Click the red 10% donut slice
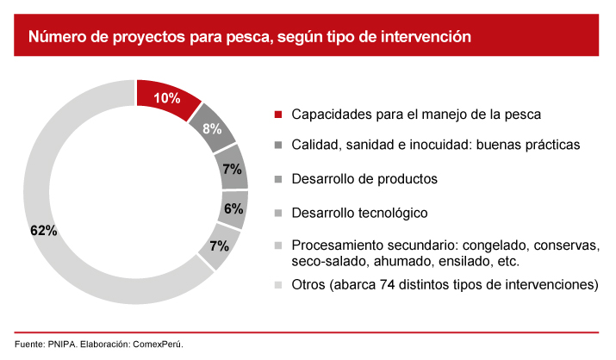[x=167, y=97]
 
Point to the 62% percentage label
[x=42, y=231]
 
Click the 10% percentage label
[x=166, y=98]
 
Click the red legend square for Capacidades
[x=278, y=115]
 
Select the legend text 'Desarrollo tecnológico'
[x=359, y=212]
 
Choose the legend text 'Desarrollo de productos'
[x=364, y=179]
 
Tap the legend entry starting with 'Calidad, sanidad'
[x=435, y=146]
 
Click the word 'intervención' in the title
[x=427, y=37]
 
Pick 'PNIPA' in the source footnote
[x=63, y=344]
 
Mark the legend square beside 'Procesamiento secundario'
[x=278, y=245]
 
